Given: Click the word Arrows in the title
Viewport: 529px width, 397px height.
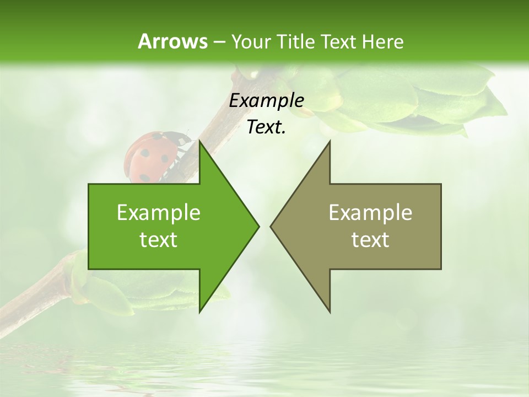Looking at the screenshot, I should (x=172, y=41).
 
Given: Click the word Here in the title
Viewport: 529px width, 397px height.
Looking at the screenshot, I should (x=382, y=42).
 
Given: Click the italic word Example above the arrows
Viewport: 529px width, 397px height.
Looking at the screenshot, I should (x=266, y=100).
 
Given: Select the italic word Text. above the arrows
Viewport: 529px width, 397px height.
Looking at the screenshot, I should (x=266, y=127).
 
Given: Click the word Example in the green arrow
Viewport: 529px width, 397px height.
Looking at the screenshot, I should (x=159, y=213).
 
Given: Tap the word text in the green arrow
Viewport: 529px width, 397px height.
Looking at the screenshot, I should (x=159, y=240).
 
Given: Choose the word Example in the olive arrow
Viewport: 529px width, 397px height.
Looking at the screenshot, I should (x=370, y=213).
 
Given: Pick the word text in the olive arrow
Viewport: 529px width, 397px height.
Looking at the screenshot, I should (x=370, y=240).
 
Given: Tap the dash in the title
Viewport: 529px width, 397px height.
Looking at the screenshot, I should (x=219, y=42).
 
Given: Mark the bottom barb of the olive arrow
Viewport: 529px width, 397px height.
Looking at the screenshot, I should (x=328, y=306).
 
